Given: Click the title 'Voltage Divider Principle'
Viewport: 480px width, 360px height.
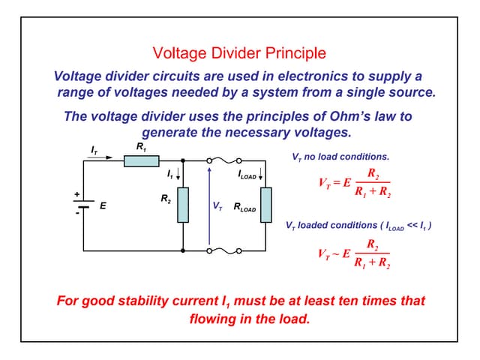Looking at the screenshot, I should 239,53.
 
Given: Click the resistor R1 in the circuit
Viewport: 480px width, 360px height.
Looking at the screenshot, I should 142,160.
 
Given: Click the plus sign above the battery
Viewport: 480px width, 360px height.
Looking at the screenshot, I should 76,194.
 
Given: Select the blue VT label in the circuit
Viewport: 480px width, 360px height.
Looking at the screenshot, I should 217,206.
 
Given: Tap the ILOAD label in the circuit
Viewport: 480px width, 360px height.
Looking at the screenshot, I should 247,175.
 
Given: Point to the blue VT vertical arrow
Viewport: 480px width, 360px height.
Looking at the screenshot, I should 209,205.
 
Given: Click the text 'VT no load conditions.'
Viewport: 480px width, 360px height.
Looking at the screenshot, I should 340,157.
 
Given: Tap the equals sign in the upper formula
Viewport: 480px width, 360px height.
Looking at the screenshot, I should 337,182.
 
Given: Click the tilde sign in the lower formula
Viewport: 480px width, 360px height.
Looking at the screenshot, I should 337,253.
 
